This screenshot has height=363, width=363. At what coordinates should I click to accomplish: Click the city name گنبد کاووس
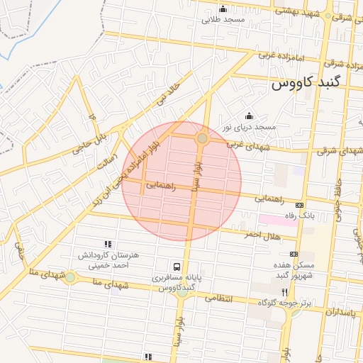315,83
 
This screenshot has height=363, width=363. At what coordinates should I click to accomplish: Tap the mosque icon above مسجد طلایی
223,9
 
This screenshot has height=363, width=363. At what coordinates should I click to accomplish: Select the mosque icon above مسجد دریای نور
248,116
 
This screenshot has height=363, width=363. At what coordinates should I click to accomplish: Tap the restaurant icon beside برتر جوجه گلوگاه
284,292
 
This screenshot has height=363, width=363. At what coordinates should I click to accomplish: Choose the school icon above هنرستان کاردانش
107,244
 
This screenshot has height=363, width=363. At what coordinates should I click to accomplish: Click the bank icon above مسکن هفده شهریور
294,254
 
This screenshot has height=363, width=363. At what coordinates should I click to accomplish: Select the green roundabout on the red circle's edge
202,138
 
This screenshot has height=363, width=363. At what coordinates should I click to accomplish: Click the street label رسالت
106,162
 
